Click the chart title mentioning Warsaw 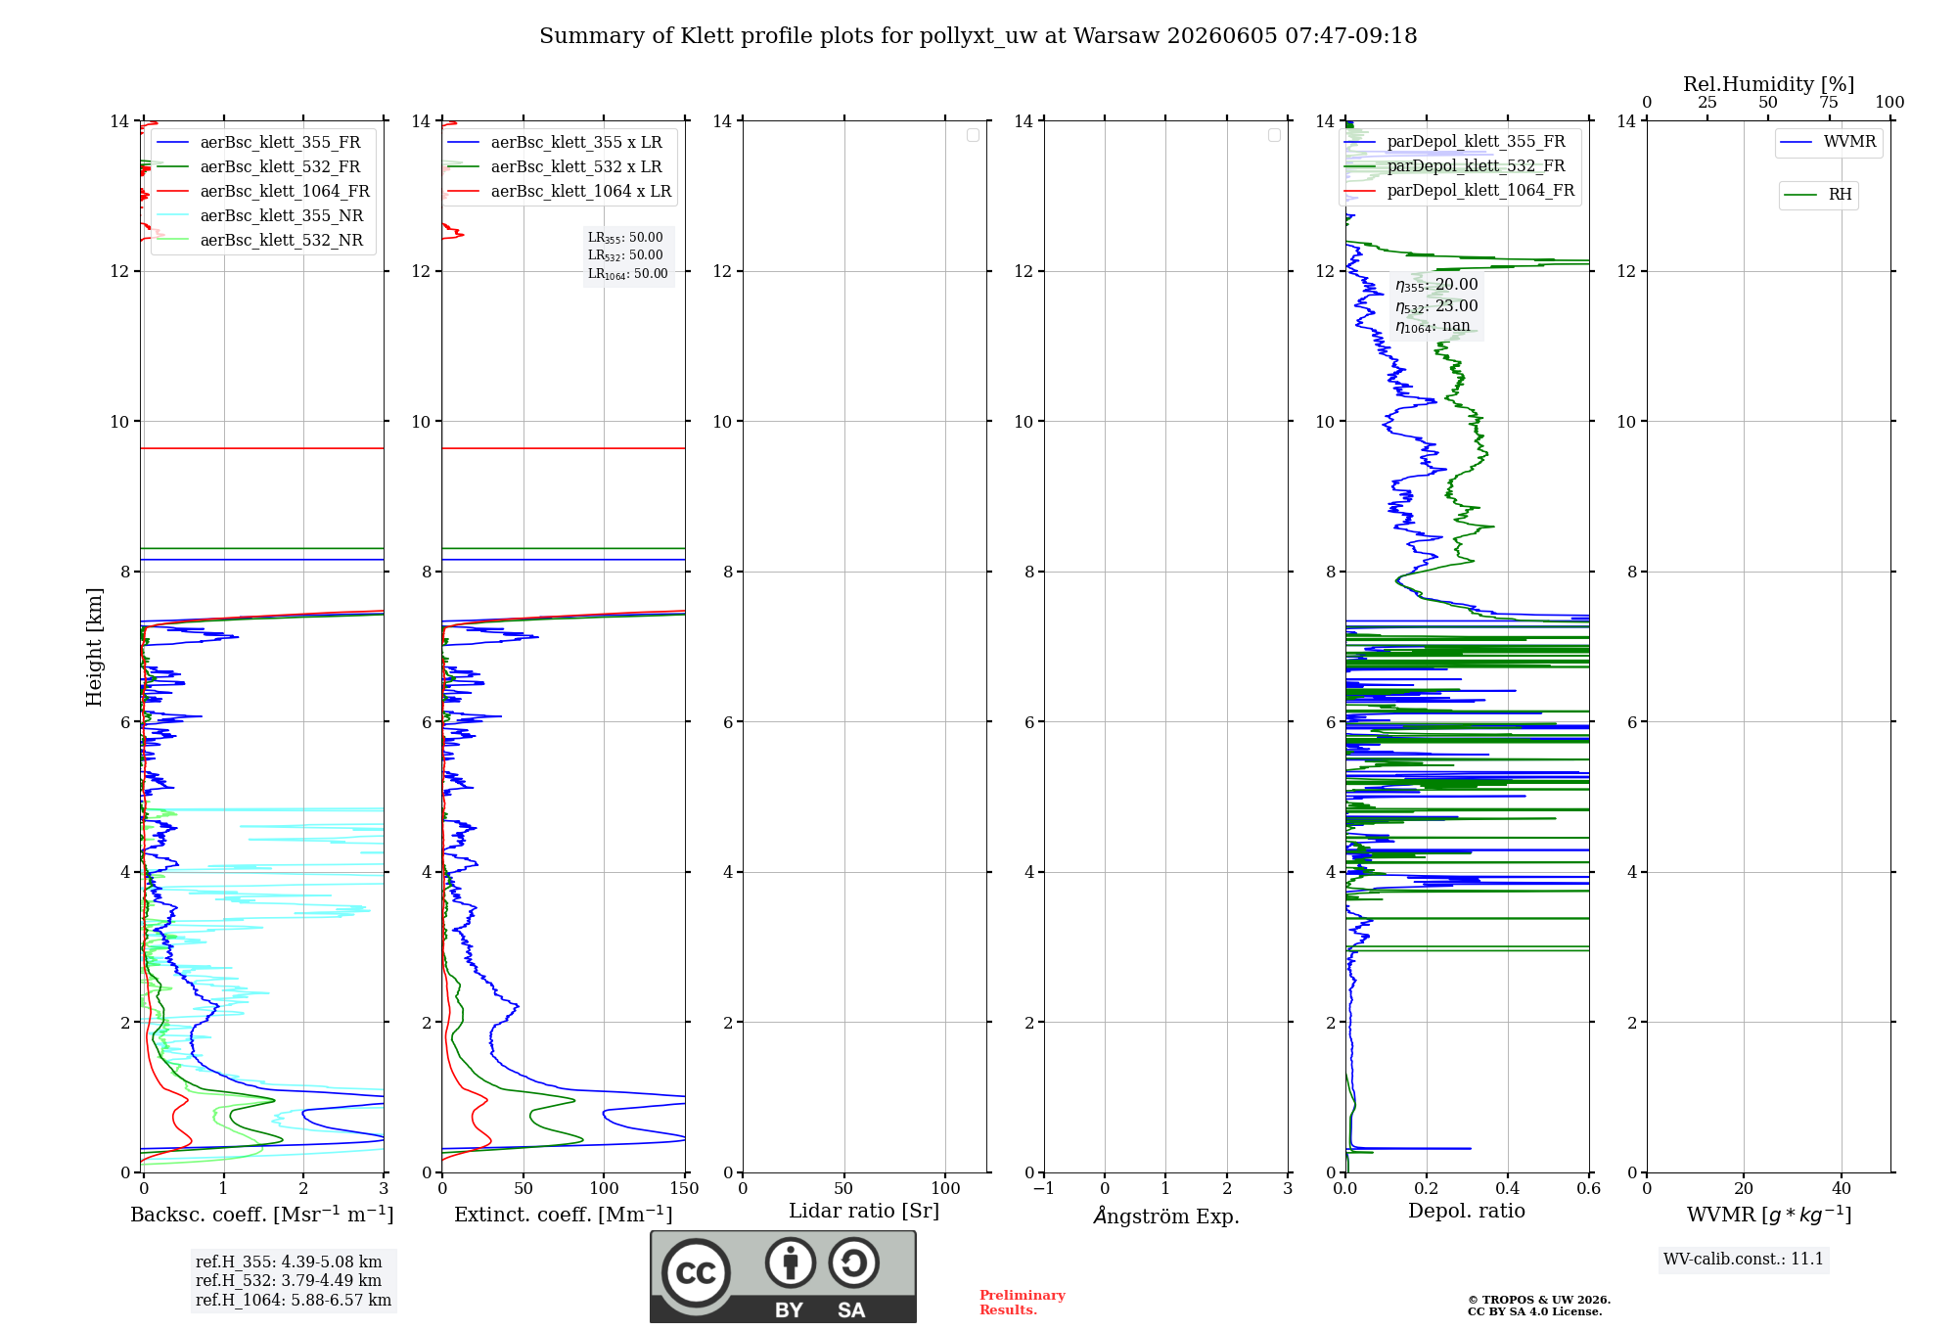(978, 36)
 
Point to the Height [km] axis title (94, 647)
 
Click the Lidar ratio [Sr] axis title (864, 1211)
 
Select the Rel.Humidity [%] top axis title (1768, 84)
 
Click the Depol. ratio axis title (1467, 1211)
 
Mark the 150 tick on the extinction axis (685, 1188)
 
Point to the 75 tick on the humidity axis (1828, 103)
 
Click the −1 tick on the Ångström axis (1044, 1188)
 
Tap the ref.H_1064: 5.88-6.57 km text (294, 1301)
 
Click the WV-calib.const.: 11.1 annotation (1744, 1260)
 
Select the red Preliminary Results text (1023, 1303)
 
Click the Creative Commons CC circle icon (696, 1273)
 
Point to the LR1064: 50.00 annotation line (628, 274)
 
